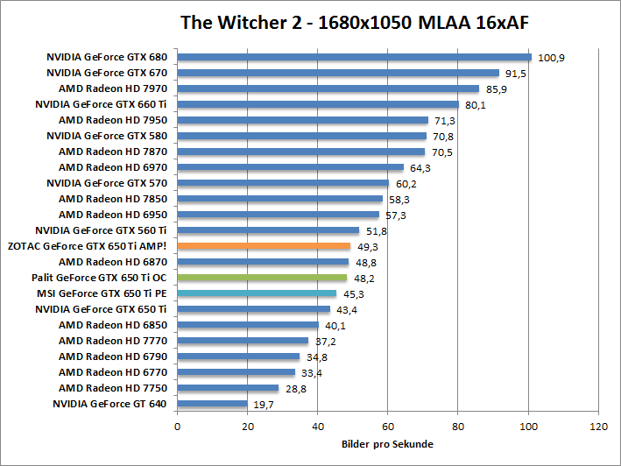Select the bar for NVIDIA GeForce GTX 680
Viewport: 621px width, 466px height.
[354, 58]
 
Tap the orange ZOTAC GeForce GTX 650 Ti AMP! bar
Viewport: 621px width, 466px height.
[264, 246]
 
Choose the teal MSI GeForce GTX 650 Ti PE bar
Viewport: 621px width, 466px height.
[257, 293]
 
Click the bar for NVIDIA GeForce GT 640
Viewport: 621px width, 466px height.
[212, 404]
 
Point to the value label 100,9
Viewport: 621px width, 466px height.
[551, 58]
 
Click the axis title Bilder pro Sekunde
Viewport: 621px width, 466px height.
[387, 444]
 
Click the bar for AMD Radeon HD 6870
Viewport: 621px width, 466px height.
[263, 262]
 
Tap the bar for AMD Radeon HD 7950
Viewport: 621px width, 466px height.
[302, 120]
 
